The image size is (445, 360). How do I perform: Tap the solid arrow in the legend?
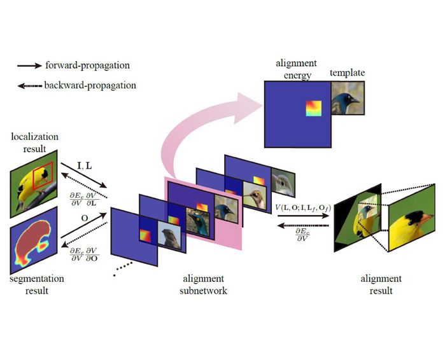tap(31, 66)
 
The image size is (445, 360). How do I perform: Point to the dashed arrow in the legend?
tap(31, 85)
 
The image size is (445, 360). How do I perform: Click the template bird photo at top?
tap(347, 99)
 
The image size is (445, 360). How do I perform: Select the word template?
tap(347, 74)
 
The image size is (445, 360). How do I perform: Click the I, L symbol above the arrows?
tap(85, 165)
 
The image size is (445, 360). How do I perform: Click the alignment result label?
tap(381, 284)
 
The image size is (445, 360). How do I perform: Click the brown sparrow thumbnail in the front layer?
tap(171, 239)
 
